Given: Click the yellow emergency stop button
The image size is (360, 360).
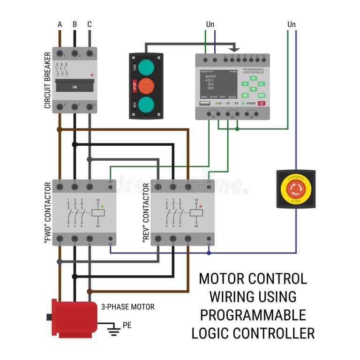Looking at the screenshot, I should point(296,188).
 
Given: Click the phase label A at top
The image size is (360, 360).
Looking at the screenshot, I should point(60,24).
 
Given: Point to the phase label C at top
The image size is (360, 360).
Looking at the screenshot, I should point(90,24).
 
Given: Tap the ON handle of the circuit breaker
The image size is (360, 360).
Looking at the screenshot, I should point(75,87).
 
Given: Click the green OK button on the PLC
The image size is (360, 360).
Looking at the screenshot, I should point(245,95).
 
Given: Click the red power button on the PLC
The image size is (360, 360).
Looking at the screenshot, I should point(261,103).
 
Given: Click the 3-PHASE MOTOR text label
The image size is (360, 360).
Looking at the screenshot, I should point(127,307).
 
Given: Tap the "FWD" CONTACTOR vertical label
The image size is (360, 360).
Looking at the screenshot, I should point(47,213).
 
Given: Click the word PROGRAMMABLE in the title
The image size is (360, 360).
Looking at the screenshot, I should point(253,315).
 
